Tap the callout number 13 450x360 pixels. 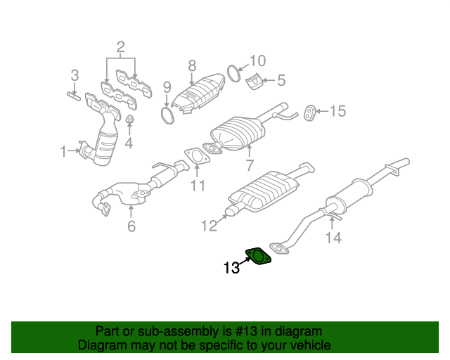click(x=231, y=268)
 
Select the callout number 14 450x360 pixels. click(x=333, y=238)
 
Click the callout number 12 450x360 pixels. click(x=210, y=226)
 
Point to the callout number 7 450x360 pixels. click(x=249, y=166)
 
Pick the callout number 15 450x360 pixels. click(x=337, y=110)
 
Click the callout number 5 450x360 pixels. click(x=281, y=81)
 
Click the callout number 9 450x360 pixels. click(x=167, y=87)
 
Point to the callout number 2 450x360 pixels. click(x=120, y=48)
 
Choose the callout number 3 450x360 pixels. click(x=74, y=75)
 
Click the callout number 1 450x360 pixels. click(x=63, y=150)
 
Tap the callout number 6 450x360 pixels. click(x=131, y=226)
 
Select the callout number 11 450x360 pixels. click(x=198, y=186)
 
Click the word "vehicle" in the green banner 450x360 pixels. click(x=308, y=345)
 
